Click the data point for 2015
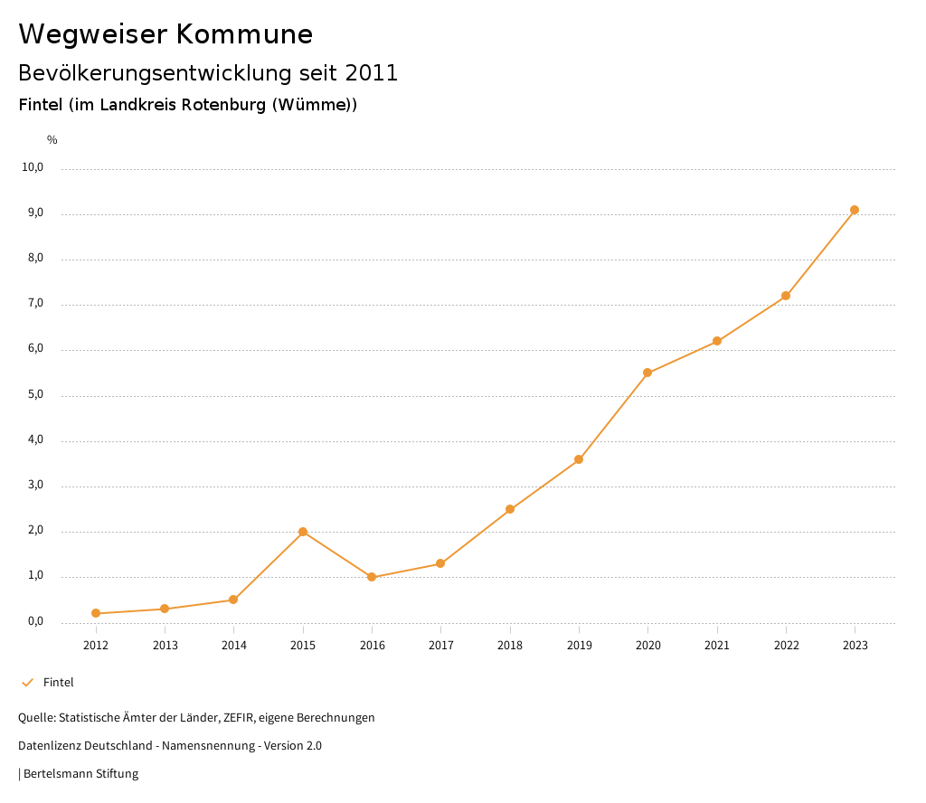tap(303, 532)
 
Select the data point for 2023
tap(855, 210)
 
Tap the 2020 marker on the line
tap(647, 373)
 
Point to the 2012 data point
tap(96, 613)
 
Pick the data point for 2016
tap(372, 577)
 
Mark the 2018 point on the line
tap(510, 509)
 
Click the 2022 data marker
tap(786, 296)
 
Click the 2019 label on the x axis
tap(579, 645)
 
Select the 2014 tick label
tap(233, 645)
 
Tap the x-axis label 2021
tap(717, 645)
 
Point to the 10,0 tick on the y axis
tap(33, 167)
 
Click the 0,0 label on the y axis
tap(35, 621)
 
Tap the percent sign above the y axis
tap(52, 139)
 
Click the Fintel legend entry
tap(58, 682)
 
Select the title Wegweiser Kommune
tap(165, 33)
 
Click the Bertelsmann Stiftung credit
tap(80, 773)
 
